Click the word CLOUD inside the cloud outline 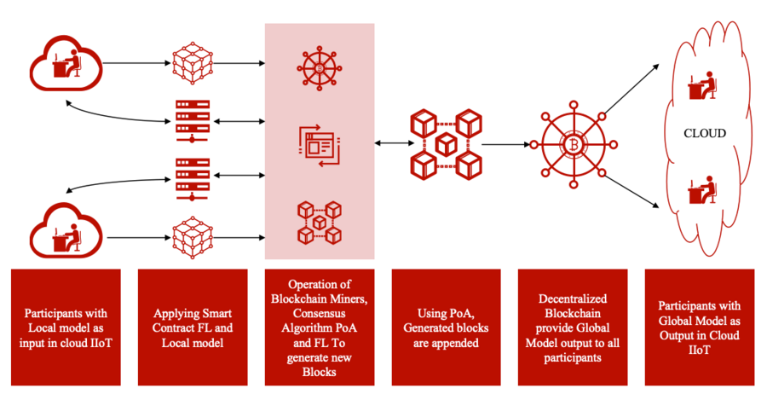705,133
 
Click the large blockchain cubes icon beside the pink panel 445,142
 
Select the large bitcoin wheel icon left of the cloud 572,143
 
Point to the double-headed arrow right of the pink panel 390,143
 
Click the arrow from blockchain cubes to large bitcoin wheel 507,143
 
